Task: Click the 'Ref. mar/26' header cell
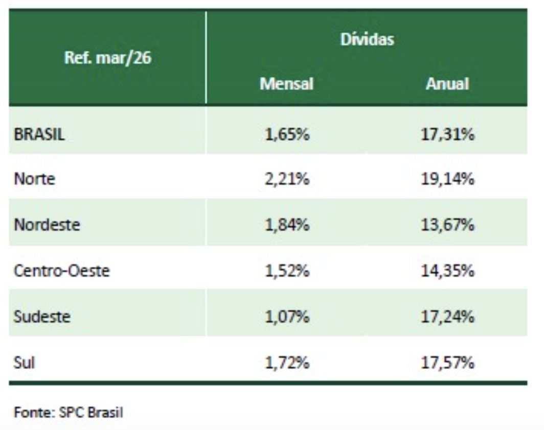click(107, 58)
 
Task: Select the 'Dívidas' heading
click(367, 39)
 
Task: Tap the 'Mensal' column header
click(286, 84)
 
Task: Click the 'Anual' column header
click(447, 84)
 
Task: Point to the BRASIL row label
click(39, 135)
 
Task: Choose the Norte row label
click(34, 179)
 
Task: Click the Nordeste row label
click(47, 225)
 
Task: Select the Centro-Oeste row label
click(61, 271)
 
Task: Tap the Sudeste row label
click(42, 317)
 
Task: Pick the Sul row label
click(25, 363)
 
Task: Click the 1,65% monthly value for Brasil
click(287, 135)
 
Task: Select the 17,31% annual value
click(448, 135)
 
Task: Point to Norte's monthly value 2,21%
click(287, 179)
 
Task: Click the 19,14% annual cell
click(448, 179)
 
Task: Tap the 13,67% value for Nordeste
click(448, 225)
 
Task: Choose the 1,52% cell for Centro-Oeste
click(287, 271)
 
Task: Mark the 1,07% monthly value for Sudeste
click(287, 317)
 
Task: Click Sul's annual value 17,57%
click(448, 363)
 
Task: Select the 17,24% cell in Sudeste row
click(448, 317)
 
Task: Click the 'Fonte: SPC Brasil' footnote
click(68, 412)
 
